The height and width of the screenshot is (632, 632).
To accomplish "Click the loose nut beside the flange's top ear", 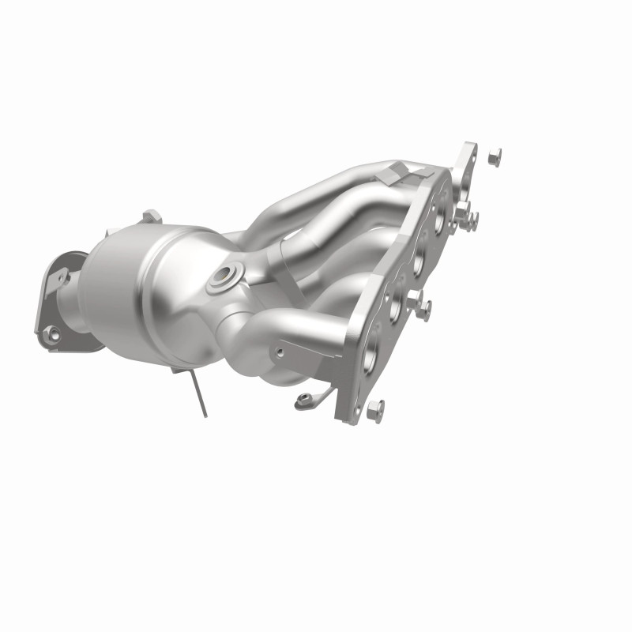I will pos(495,156).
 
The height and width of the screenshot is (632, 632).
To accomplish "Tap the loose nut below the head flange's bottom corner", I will pos(376,408).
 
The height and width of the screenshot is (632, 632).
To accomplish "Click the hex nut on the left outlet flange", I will pos(53,335).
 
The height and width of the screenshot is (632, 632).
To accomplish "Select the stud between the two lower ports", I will pos(421,307).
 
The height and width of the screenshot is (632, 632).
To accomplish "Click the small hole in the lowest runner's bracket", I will pos(280,346).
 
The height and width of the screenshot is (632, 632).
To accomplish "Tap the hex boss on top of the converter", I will pos(152,215).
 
